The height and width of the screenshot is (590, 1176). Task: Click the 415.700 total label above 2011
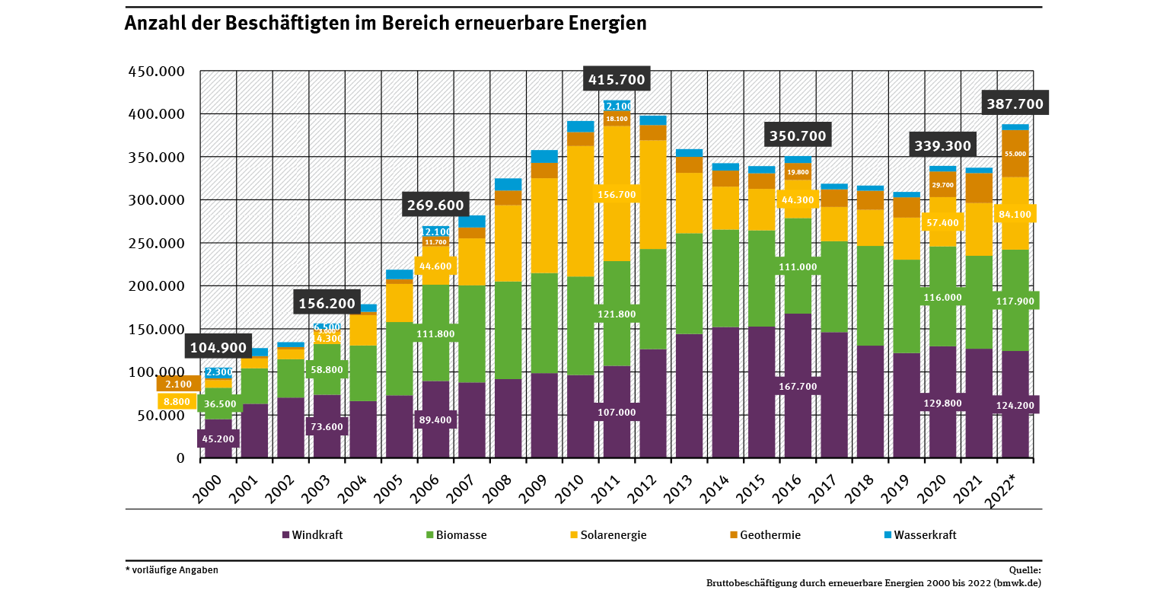pyautogui.click(x=617, y=79)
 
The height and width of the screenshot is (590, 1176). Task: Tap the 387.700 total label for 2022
pyautogui.click(x=1015, y=103)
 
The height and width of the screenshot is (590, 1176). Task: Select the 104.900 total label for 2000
pyautogui.click(x=218, y=348)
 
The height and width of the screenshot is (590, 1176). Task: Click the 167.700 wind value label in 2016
pyautogui.click(x=797, y=387)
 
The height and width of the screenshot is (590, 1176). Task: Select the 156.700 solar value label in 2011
pyautogui.click(x=617, y=195)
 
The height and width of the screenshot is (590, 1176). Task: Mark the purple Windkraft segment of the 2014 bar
pyautogui.click(x=725, y=392)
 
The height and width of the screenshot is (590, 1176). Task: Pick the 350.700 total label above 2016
pyautogui.click(x=797, y=137)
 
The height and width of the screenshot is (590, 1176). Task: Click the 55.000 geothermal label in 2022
pyautogui.click(x=1015, y=154)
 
